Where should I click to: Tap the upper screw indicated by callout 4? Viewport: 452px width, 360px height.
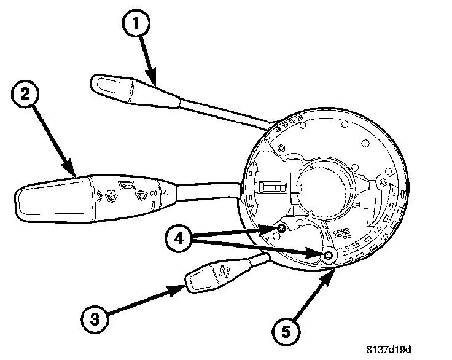(x=281, y=229)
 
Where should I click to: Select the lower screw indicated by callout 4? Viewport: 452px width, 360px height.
(x=329, y=256)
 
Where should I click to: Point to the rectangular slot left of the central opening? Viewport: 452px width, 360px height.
(x=270, y=187)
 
